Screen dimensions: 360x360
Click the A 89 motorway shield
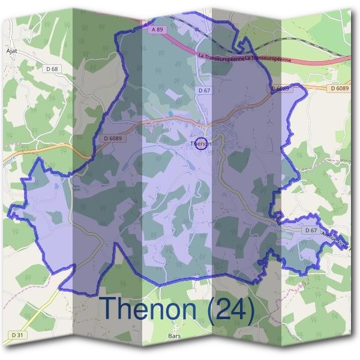click(157, 29)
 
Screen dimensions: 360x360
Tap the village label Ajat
click(11, 52)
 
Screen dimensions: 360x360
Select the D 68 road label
click(52, 70)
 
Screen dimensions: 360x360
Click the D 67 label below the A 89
click(205, 89)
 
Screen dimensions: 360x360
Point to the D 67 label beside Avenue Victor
click(310, 230)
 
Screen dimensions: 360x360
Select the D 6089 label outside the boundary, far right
click(339, 88)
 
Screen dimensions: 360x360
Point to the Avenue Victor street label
click(336, 241)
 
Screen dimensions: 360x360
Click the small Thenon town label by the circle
click(198, 144)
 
